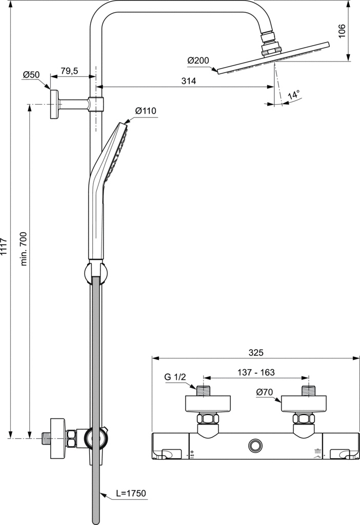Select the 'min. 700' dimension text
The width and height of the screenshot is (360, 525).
(24, 248)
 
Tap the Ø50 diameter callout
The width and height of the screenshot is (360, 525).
(31, 75)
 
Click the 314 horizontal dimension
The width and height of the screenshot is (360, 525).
(188, 81)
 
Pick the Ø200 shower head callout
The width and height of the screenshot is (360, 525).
(198, 60)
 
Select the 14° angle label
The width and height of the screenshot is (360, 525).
(293, 95)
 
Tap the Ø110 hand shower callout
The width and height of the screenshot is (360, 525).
(146, 111)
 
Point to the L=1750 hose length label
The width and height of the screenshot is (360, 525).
(131, 494)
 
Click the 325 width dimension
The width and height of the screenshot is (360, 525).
(255, 353)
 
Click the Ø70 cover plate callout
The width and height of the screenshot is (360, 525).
(265, 393)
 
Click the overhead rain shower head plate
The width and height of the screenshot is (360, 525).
(272, 58)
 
